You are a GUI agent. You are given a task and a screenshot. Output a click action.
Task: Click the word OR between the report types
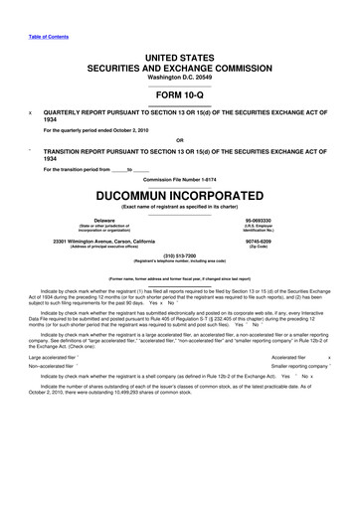pyautogui.click(x=180, y=140)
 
